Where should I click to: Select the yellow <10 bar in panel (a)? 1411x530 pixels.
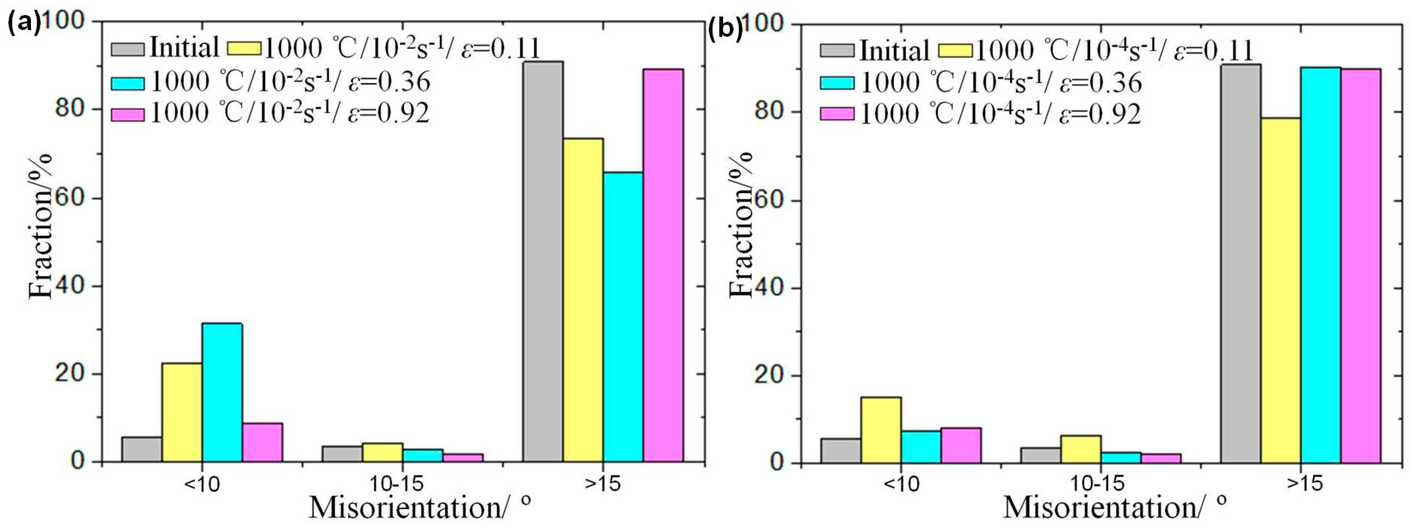coord(182,412)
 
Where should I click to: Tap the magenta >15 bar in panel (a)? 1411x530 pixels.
coord(663,265)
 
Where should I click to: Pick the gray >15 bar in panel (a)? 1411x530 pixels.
coord(543,261)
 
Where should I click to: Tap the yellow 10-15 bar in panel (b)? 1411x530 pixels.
coord(1081,448)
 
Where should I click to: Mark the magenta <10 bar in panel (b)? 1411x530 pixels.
coord(961,445)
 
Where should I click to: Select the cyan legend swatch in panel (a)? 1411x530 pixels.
coord(128,83)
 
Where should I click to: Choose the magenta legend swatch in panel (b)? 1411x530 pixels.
coord(836,114)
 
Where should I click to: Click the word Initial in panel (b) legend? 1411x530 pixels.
coord(894,51)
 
